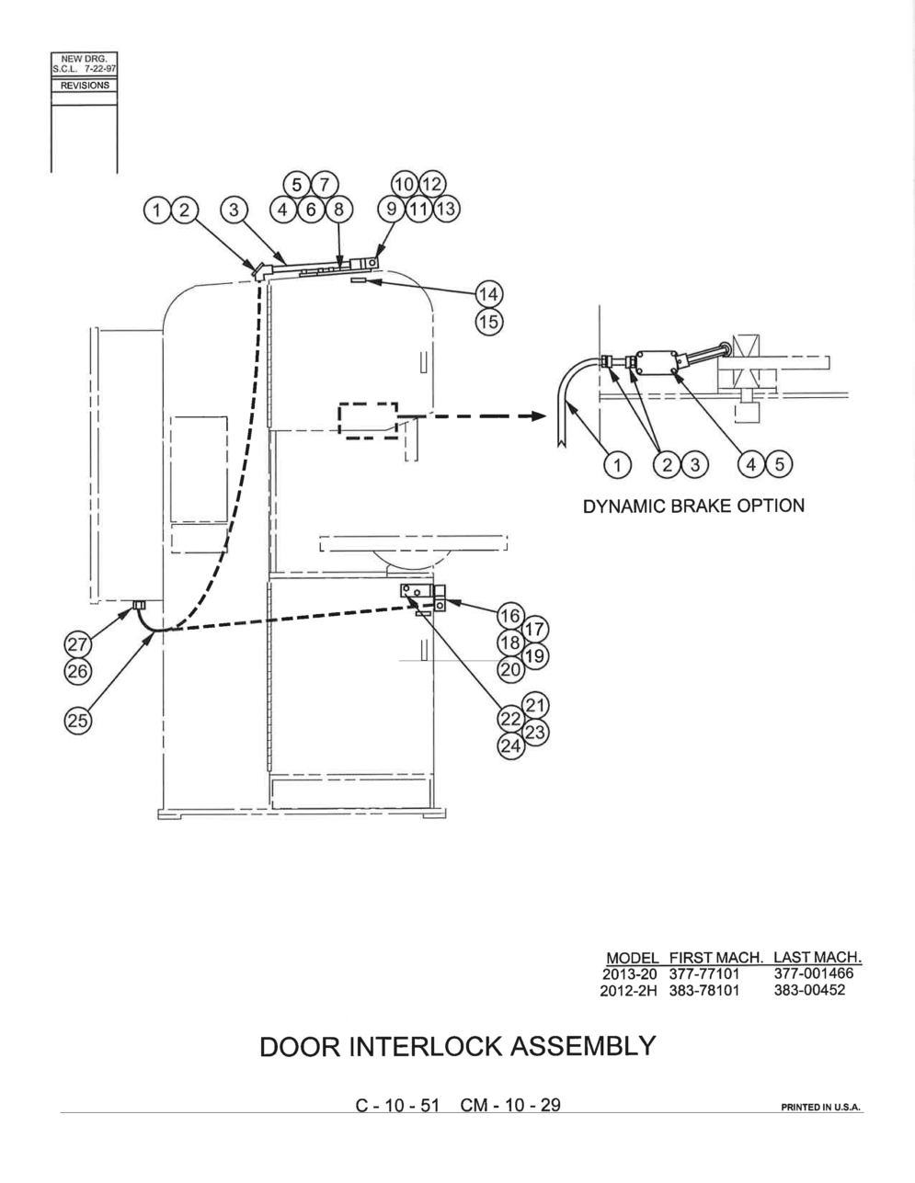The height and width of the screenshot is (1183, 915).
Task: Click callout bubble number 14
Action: click(x=489, y=294)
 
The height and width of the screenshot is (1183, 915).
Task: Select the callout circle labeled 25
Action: click(x=78, y=721)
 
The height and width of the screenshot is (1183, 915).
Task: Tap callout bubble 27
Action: click(x=78, y=644)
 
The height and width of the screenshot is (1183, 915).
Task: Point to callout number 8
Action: click(x=338, y=210)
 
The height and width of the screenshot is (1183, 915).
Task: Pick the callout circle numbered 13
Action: click(x=446, y=210)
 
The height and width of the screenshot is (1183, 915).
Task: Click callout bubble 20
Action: click(x=511, y=669)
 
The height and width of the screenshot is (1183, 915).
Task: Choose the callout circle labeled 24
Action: click(x=511, y=745)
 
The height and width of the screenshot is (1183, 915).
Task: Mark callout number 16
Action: click(x=511, y=616)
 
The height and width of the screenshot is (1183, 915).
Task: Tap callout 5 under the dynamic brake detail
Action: click(x=780, y=465)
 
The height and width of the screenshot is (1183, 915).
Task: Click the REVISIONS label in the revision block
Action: click(x=85, y=85)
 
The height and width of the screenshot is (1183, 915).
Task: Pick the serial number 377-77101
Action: click(x=704, y=973)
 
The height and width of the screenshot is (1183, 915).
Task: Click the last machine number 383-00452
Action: click(x=810, y=989)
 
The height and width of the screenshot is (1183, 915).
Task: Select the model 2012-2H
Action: click(x=628, y=990)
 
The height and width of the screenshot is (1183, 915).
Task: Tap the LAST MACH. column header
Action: click(x=818, y=957)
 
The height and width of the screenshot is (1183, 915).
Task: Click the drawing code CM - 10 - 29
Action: click(x=510, y=1105)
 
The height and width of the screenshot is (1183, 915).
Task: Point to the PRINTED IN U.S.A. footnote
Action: click(x=820, y=1107)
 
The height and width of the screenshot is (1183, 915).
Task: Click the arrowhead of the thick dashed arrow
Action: click(x=539, y=416)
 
